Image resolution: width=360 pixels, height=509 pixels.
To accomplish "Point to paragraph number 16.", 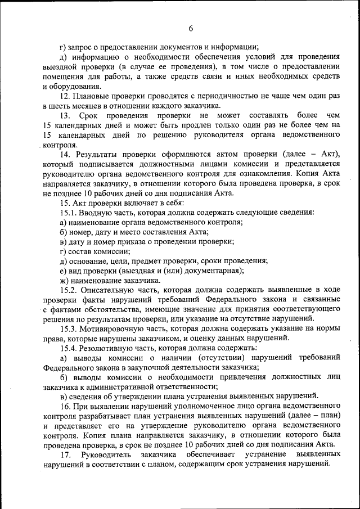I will point(64,406).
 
